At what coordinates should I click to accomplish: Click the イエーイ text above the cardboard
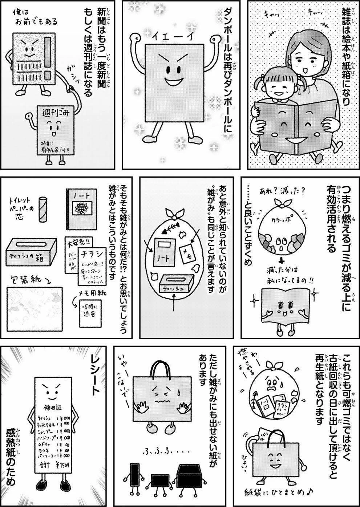168,36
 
